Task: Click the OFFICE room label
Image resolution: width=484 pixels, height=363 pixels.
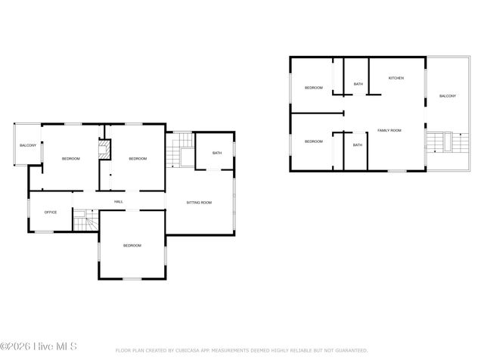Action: [x=51, y=212]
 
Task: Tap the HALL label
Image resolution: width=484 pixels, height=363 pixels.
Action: [x=119, y=201]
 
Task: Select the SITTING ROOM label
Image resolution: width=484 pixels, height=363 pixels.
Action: [x=199, y=202]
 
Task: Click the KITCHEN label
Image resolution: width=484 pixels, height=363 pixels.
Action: [x=396, y=78]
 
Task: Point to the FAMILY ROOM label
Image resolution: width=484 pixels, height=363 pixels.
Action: [x=389, y=130]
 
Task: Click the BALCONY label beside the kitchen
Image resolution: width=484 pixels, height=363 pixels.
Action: [x=448, y=95]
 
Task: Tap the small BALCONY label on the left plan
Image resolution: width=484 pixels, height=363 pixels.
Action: [x=28, y=144]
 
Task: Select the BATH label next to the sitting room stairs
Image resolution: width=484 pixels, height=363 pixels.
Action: [x=217, y=154]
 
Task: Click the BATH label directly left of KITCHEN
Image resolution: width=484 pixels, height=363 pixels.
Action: [x=358, y=84]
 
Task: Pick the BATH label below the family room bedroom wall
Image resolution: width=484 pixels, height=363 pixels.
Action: [x=357, y=144]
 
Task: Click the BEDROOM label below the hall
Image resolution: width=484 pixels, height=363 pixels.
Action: [x=132, y=245]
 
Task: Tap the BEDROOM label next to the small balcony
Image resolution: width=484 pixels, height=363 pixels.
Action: [x=70, y=158]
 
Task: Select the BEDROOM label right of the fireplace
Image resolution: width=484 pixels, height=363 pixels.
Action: [x=137, y=158]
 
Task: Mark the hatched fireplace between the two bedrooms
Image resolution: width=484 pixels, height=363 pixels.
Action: [x=105, y=149]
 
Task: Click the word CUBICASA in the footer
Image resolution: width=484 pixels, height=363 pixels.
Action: [x=190, y=351]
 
